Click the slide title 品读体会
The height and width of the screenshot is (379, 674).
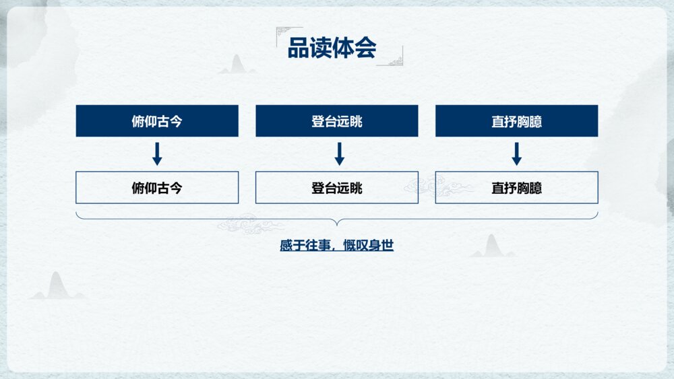tap(332, 48)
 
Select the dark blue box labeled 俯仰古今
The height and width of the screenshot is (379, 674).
tap(157, 121)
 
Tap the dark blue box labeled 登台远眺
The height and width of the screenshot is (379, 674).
tap(336, 121)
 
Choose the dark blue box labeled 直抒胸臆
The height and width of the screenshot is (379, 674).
tap(516, 121)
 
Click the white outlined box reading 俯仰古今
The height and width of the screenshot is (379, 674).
tap(157, 188)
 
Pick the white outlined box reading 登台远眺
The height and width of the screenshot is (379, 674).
tap(336, 188)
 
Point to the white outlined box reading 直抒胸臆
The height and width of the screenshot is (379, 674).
tap(516, 188)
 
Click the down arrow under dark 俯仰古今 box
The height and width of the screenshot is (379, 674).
tap(157, 153)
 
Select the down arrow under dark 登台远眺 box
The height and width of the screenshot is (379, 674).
tap(340, 153)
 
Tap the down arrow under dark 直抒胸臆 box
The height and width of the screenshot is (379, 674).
tap(516, 153)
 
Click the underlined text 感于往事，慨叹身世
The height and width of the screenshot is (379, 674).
tap(336, 246)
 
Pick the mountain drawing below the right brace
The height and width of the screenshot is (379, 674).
tap(492, 246)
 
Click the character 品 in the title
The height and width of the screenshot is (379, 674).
tap(299, 48)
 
